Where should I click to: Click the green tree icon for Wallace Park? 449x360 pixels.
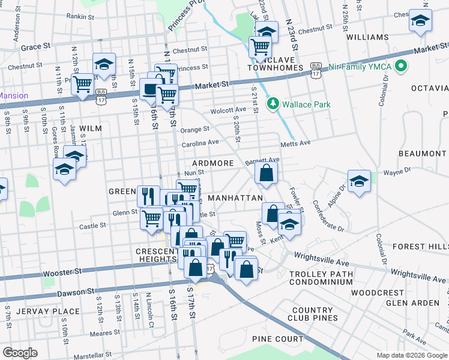click(x=274, y=104)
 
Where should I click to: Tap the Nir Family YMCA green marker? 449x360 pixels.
click(x=401, y=67)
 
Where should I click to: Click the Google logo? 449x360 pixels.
click(x=20, y=353)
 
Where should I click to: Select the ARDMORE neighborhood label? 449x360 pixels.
click(x=212, y=163)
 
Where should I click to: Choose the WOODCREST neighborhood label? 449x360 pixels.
click(x=378, y=293)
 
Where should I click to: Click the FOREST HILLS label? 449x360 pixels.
click(x=420, y=246)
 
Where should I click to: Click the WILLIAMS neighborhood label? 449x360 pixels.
click(x=367, y=37)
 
